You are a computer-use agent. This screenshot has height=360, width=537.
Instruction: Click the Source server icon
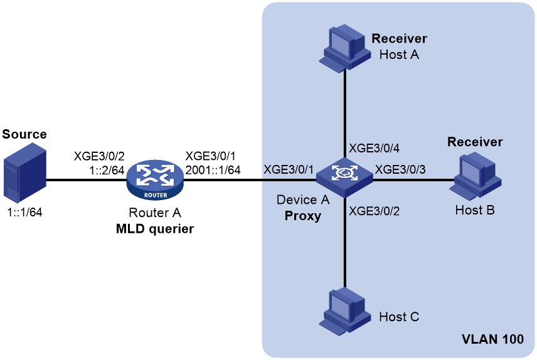(24, 173)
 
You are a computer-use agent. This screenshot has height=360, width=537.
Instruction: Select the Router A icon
(155, 180)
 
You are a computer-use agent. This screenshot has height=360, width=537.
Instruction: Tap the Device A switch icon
(344, 177)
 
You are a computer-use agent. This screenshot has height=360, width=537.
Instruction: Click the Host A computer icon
(344, 48)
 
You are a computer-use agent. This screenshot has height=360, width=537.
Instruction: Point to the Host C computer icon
(344, 312)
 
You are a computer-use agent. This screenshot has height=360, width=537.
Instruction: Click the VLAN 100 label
(492, 339)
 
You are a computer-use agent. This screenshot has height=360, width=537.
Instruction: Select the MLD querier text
(155, 229)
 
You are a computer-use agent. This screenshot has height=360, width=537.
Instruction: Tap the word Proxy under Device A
(303, 216)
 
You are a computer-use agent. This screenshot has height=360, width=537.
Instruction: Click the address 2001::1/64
(213, 170)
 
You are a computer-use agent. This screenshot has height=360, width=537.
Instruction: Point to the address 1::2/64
(107, 170)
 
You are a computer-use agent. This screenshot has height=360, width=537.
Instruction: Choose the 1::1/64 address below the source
(24, 213)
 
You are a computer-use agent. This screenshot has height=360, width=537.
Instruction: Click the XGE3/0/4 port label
(374, 148)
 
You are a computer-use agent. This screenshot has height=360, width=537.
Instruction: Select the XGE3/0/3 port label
(400, 169)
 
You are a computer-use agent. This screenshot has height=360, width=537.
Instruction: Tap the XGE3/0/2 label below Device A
(374, 211)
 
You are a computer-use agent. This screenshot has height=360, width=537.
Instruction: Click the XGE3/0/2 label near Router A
(99, 156)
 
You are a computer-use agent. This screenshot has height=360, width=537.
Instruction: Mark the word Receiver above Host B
(475, 142)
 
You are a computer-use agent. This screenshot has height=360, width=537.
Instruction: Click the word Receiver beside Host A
(400, 39)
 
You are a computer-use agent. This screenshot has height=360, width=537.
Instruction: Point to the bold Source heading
(24, 134)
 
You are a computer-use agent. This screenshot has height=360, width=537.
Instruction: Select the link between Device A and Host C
(344, 243)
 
